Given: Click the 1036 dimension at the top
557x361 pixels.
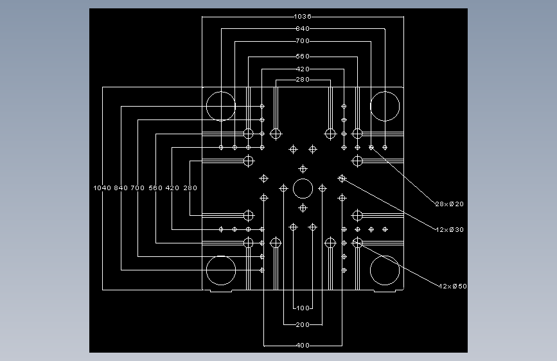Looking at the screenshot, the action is (303, 16).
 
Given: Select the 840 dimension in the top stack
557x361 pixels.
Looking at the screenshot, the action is (303, 28).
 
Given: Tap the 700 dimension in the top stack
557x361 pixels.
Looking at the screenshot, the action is (303, 41).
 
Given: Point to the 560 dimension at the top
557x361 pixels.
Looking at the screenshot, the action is (303, 56).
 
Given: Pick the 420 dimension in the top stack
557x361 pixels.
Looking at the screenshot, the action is (303, 69).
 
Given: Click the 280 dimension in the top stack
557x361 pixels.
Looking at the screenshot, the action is (303, 79).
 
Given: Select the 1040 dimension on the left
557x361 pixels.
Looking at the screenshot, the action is (102, 188).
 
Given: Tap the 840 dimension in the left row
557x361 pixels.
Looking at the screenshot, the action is (121, 188).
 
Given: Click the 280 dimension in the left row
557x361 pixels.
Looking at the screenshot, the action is (190, 188).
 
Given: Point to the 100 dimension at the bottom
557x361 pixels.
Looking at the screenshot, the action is (303, 308).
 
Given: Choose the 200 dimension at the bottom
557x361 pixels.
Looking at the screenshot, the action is (303, 324).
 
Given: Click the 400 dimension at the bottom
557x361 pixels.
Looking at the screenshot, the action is (303, 345).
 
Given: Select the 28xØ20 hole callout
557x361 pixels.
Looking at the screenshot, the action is (449, 204).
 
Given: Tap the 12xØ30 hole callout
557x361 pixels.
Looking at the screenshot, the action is (449, 229).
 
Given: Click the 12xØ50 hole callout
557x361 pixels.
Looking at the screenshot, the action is (452, 286).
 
